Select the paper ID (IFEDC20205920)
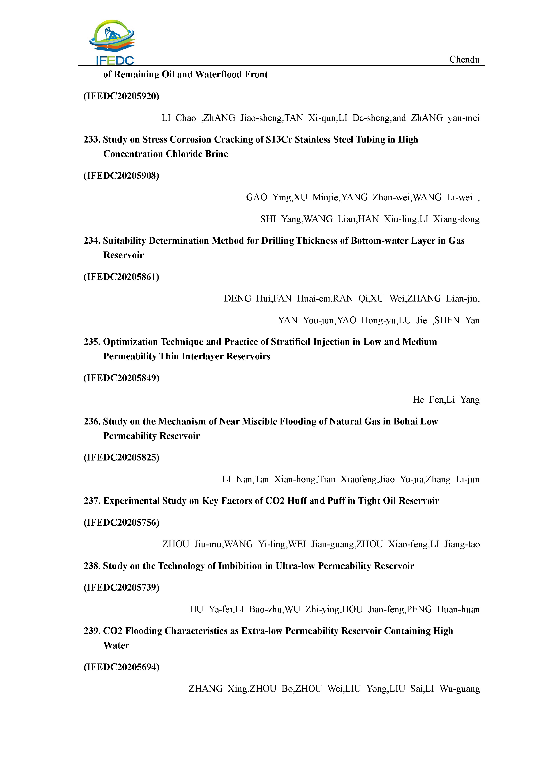tap(121, 96)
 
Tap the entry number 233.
tap(92, 140)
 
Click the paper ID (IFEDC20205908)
tap(121, 176)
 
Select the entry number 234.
tap(92, 241)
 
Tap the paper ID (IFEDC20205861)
tap(121, 277)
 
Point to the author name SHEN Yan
tap(457, 320)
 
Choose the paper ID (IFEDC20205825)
tap(121, 458)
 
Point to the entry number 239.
tap(92, 631)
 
